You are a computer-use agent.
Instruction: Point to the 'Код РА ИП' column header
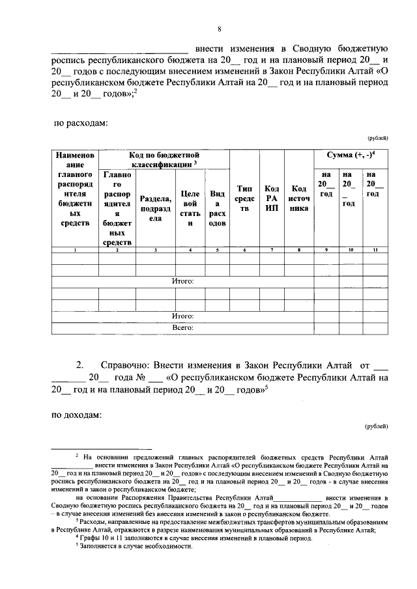(x=272, y=199)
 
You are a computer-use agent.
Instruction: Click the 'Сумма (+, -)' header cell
(x=350, y=156)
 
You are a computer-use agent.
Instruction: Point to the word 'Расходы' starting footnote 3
(x=92, y=522)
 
